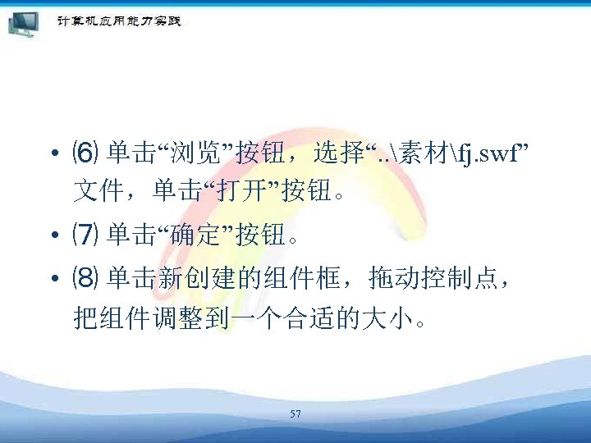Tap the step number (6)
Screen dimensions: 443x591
85,153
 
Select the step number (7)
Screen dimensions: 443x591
85,237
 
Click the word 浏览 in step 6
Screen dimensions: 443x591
201,153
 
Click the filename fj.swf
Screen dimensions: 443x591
486,153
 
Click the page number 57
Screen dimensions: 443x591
295,414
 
